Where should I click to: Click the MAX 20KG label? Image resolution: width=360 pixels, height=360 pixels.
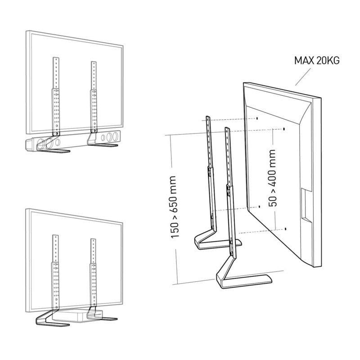(317, 61)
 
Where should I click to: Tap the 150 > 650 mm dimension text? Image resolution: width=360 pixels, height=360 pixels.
(174, 207)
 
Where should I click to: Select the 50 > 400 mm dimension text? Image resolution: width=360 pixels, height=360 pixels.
(272, 178)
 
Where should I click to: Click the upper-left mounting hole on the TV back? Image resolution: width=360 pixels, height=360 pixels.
(257, 118)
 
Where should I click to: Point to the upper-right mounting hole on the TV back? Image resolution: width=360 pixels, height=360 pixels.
(284, 129)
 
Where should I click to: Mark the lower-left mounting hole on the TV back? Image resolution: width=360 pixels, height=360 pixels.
(260, 207)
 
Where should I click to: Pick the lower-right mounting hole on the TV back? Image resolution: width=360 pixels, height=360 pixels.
(286, 229)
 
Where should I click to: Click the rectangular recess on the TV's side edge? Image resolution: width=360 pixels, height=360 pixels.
(306, 204)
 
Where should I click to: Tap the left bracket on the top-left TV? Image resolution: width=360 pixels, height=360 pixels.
(56, 96)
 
